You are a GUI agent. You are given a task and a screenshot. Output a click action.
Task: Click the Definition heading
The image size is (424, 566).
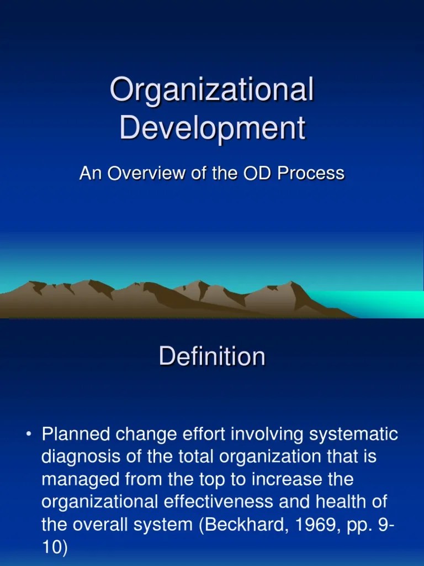tap(212, 357)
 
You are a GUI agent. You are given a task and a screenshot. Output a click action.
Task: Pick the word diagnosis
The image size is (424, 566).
tap(79, 457)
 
